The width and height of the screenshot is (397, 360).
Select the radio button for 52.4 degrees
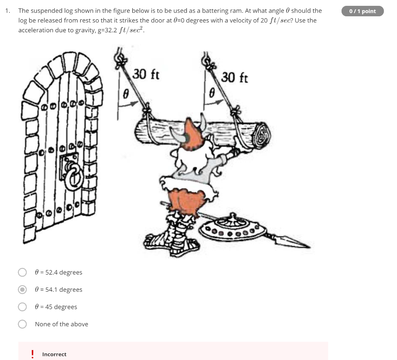pos(22,272)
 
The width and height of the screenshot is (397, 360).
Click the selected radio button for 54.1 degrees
pos(22,289)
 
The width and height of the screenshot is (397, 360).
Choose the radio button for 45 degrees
pos(22,307)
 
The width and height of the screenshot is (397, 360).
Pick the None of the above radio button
pos(22,324)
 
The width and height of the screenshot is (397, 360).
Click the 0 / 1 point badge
pos(362,11)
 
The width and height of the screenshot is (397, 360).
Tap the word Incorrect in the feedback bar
pos(54,354)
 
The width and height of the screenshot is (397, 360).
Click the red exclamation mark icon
pos(33,354)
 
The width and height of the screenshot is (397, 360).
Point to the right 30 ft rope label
pos(234,77)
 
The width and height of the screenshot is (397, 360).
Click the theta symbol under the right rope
pos(212,93)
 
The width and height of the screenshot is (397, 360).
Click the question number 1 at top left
pos(8,11)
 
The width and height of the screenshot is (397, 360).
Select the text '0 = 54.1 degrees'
pos(59,289)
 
